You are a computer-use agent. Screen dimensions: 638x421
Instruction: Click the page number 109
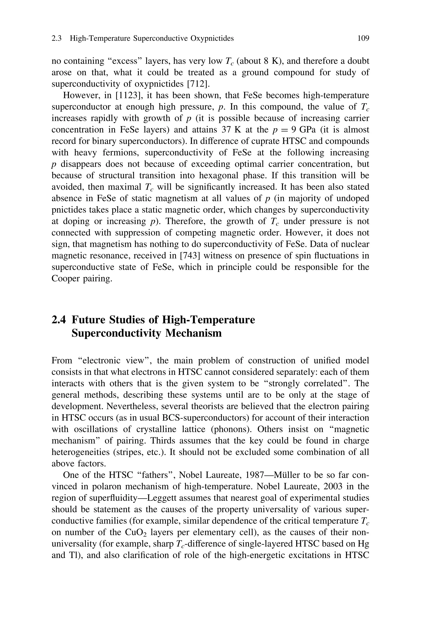click(363, 39)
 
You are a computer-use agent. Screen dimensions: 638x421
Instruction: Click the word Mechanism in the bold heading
click(193, 333)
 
